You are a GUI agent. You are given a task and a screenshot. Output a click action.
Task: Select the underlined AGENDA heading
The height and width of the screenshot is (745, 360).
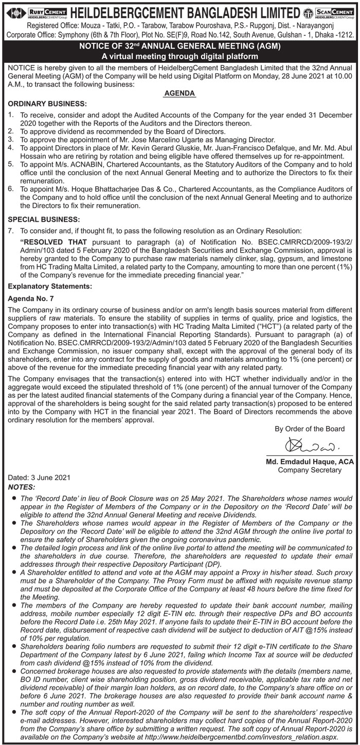coord(179,94)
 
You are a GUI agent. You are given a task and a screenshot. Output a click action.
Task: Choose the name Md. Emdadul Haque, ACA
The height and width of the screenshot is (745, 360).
coord(310,462)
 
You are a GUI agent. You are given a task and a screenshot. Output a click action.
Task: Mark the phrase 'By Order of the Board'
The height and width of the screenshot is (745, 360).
coord(310,429)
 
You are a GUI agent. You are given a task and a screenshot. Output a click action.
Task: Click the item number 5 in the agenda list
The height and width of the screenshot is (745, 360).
coord(11,163)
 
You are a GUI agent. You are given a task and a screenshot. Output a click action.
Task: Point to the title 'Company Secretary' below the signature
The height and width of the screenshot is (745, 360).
coord(310,469)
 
